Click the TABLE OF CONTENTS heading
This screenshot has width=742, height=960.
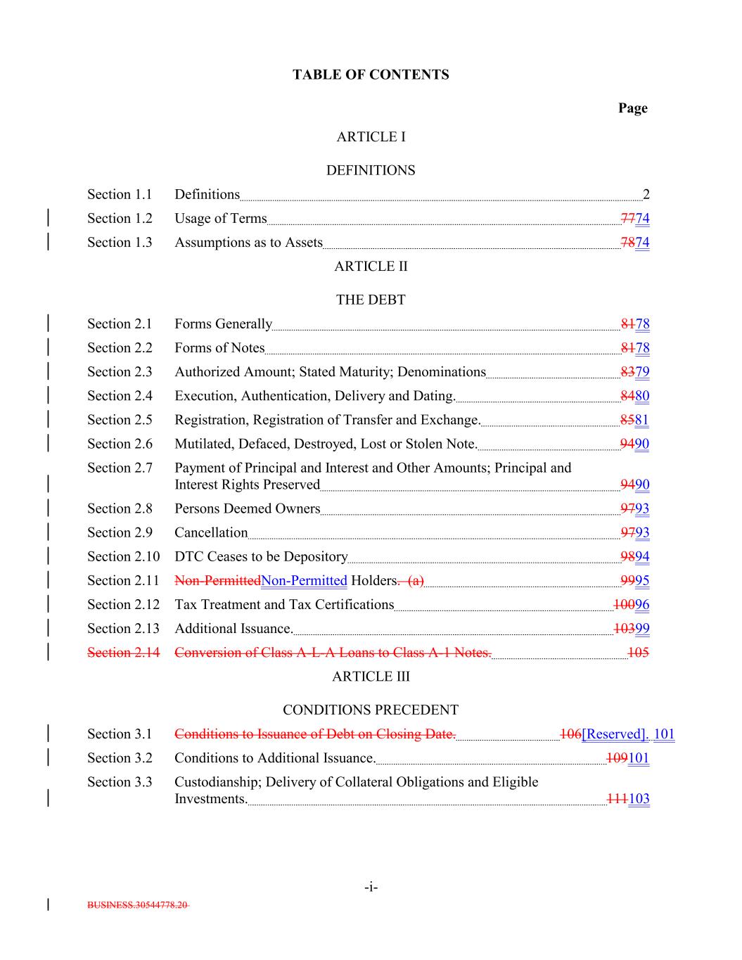(x=371, y=75)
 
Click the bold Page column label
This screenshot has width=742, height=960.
(x=632, y=108)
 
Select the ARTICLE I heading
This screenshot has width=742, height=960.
(x=371, y=136)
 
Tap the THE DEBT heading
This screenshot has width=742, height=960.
(x=371, y=300)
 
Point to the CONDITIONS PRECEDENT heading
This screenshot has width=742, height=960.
(x=371, y=710)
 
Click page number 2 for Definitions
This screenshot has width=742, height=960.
(x=646, y=195)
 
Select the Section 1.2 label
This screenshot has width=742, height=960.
(x=120, y=219)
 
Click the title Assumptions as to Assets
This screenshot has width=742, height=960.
(x=248, y=243)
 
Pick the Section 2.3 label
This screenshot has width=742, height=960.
(x=120, y=372)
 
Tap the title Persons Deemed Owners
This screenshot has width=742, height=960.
(x=247, y=508)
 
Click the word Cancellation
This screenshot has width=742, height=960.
(x=211, y=532)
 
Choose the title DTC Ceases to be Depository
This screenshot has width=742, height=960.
(x=261, y=556)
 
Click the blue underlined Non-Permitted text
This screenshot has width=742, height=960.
(x=304, y=580)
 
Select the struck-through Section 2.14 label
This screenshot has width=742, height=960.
(x=123, y=653)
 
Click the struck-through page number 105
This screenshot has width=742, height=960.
(x=638, y=653)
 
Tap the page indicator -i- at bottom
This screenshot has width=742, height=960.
(x=371, y=888)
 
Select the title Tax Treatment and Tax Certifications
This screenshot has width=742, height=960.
(x=284, y=605)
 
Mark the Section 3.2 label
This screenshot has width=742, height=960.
(x=120, y=758)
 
